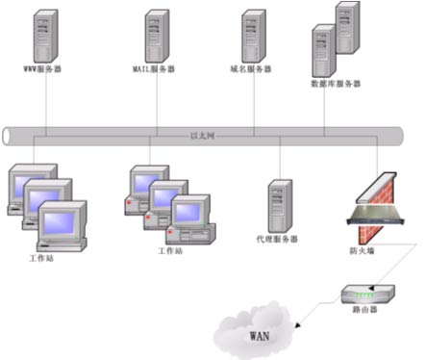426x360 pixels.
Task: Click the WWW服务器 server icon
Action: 44,36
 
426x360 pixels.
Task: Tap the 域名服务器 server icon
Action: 253,36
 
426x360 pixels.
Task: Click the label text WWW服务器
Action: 44,70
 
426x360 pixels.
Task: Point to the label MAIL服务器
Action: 154,70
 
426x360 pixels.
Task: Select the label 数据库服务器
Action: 336,84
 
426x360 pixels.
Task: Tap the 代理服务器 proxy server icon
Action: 280,204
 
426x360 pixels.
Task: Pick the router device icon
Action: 366,294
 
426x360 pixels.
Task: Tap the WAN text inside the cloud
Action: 260,337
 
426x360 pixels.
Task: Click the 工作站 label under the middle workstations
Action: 169,250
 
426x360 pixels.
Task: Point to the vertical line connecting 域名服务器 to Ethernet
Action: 254,101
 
